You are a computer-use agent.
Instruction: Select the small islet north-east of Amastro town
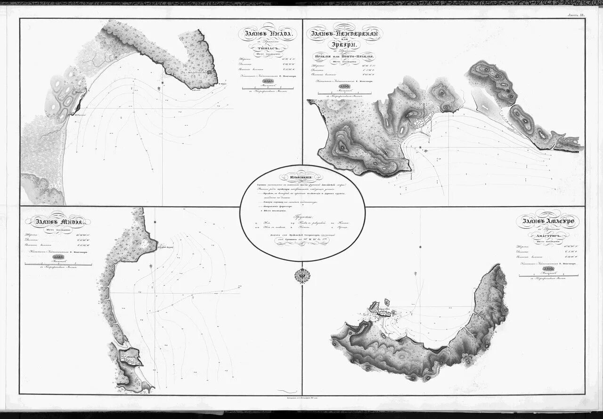coord(388,300)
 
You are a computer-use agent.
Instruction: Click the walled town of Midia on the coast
coord(131,357)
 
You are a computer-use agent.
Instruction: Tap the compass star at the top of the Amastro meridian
coord(414,273)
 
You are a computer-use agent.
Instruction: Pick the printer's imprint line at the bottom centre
coord(301,398)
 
